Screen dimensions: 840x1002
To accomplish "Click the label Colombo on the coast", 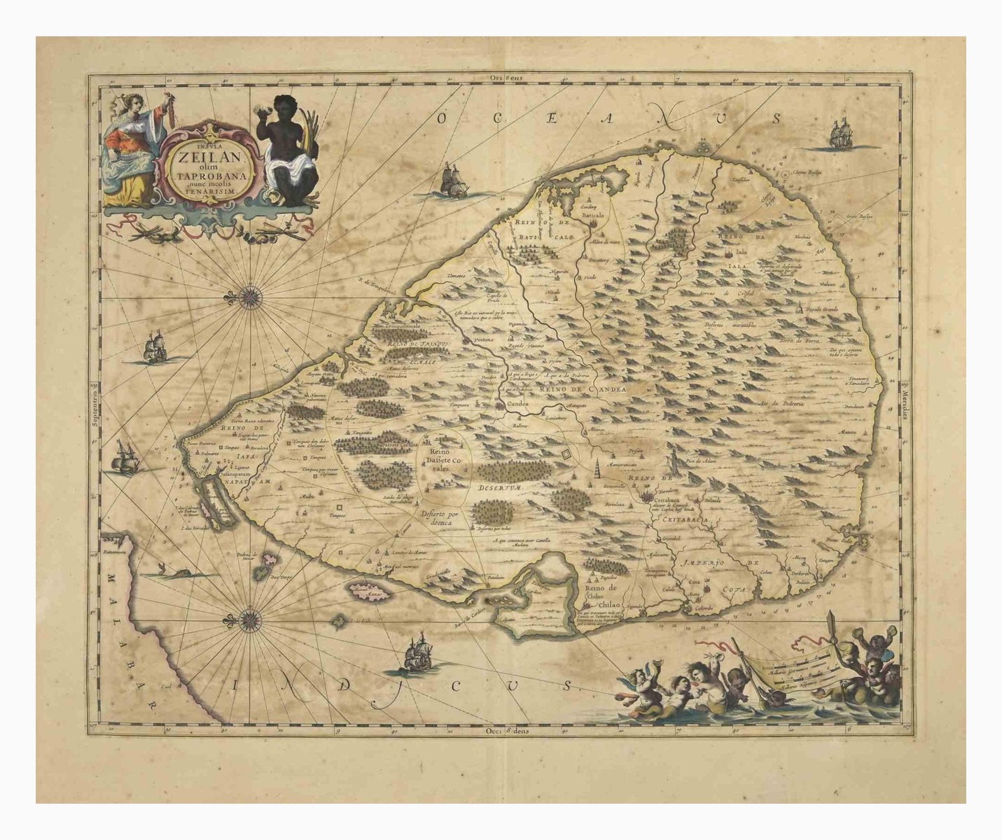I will coord(703,608).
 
